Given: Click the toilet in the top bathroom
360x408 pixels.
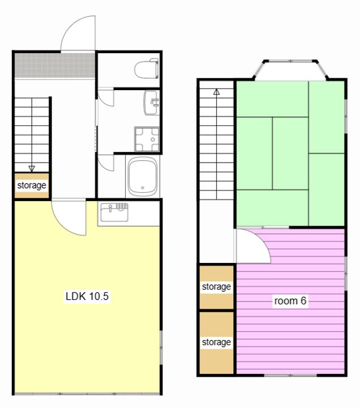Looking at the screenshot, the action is (147, 69).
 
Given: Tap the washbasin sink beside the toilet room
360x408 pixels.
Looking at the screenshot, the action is (151, 103).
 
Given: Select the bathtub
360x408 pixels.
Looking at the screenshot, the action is (143, 176).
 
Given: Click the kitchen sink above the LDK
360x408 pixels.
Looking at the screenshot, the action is (114, 212).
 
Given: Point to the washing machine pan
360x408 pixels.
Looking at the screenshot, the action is (147, 139).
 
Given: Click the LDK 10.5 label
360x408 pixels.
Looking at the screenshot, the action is (87, 296).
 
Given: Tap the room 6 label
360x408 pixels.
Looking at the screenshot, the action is (290, 300).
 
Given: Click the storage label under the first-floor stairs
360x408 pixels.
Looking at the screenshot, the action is (32, 185).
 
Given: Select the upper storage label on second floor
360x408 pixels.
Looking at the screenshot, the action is (216, 287).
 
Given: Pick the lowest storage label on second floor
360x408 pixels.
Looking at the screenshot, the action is (216, 342).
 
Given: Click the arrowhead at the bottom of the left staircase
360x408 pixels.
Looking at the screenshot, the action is (32, 169).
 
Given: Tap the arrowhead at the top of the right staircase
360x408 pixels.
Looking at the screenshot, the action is (217, 92).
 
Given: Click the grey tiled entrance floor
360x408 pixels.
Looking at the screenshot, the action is (54, 65).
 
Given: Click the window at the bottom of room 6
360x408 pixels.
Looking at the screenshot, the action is (290, 375).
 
